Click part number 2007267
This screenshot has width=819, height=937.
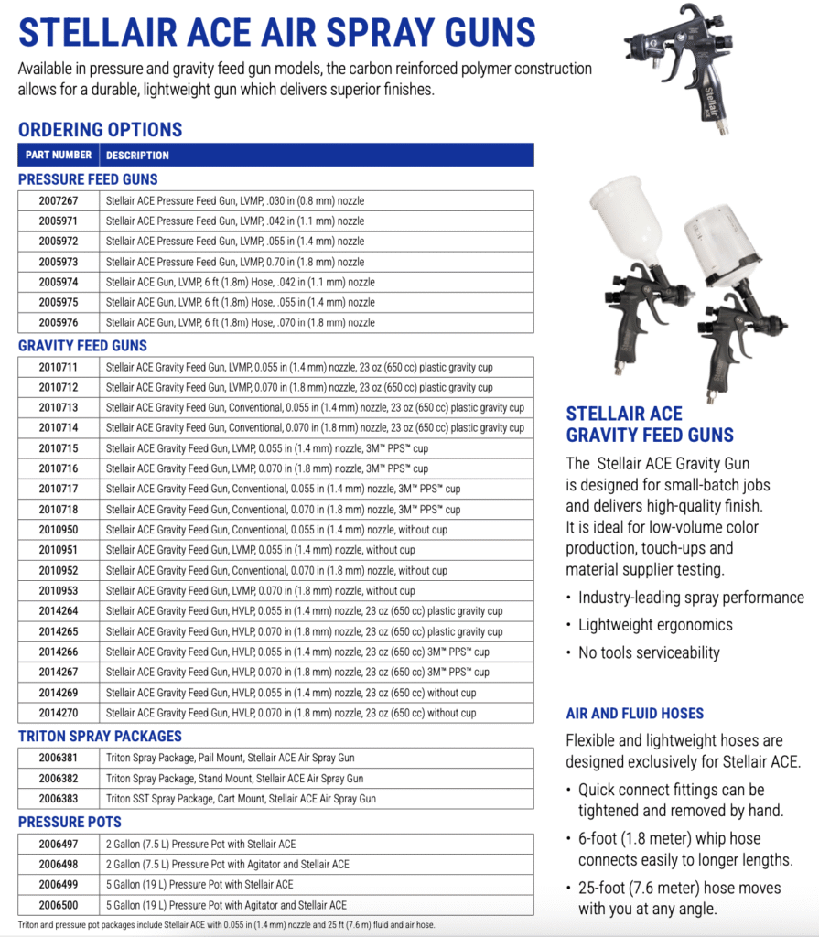coord(59,200)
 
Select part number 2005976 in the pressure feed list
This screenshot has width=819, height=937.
coord(59,322)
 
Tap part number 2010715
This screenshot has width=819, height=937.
coord(59,448)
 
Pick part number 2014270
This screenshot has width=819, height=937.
coord(59,713)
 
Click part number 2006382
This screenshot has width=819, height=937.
coord(59,779)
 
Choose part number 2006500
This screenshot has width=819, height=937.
coord(59,905)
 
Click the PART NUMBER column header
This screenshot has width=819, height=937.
coord(59,156)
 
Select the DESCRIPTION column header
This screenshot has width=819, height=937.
coord(137,156)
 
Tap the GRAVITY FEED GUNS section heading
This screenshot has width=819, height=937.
coord(82,346)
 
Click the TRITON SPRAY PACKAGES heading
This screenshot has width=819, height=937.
coord(100,737)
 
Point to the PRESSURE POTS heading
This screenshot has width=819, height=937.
coord(70,822)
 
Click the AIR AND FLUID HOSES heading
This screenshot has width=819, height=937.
coord(634,714)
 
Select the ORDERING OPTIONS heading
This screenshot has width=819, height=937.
coord(100,130)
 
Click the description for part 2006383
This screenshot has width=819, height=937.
coord(241,799)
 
